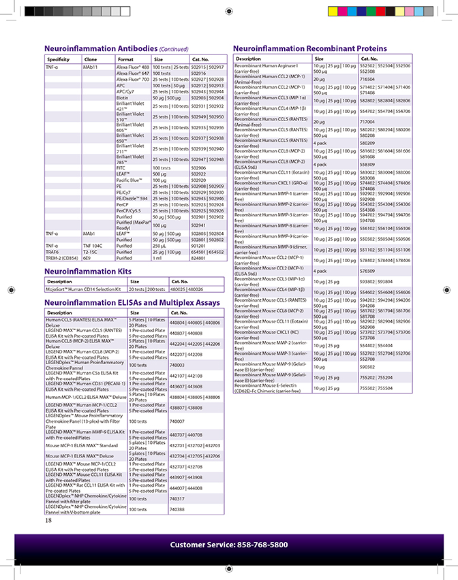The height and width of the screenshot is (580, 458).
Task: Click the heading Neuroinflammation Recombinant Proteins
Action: click(x=309, y=48)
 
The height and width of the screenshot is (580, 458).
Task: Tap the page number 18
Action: click(x=48, y=521)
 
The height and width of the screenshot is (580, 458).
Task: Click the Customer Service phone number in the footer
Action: click(x=229, y=545)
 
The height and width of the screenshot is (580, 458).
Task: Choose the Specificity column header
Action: click(x=59, y=59)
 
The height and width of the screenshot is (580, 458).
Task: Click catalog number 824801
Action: click(x=198, y=258)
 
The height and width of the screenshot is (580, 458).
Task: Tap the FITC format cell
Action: click(x=121, y=167)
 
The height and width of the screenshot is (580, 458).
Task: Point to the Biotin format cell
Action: click(x=123, y=97)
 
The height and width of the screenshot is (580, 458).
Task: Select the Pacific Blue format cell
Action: click(x=129, y=180)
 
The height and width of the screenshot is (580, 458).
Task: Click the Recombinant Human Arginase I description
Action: click(x=266, y=68)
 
